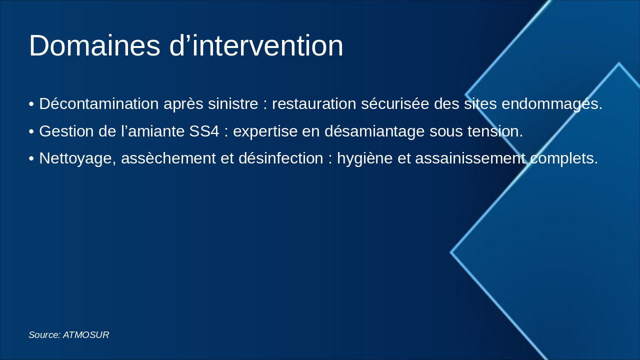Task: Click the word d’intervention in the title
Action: point(256,46)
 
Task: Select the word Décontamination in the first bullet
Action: point(99,104)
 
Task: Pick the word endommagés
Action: point(551,104)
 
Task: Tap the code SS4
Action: point(204,131)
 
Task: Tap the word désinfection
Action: point(280,158)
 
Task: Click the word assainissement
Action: point(470,158)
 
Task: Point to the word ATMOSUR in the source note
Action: point(86,335)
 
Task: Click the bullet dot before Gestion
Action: point(31,132)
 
